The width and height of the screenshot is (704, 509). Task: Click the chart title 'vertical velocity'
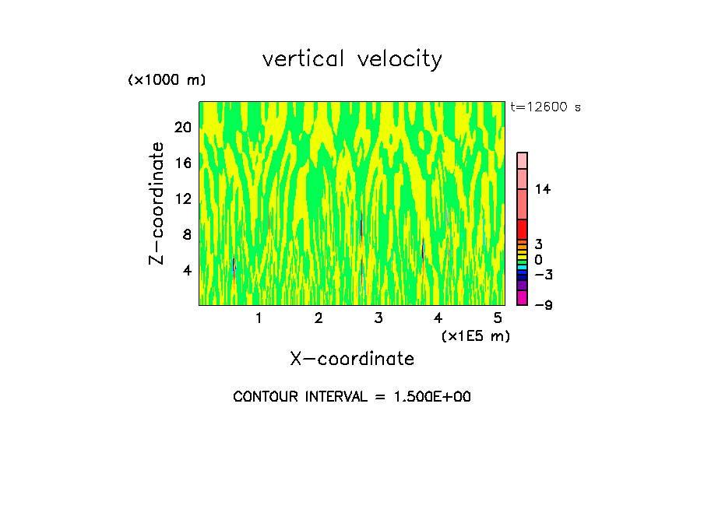352,59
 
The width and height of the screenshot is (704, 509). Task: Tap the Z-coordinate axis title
157,203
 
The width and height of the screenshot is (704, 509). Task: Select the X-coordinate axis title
352,359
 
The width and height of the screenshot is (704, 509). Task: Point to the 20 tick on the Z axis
182,127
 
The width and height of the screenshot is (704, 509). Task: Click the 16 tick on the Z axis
182,163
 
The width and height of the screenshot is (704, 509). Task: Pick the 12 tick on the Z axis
182,198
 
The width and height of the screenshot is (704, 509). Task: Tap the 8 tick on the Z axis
186,234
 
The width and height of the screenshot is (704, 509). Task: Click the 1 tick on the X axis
259,318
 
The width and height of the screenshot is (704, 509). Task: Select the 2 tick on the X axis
319,318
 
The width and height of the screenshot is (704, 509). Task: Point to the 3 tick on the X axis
378,318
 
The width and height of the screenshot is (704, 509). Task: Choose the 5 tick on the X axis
498,318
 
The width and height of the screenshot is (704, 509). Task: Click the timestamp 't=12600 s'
545,107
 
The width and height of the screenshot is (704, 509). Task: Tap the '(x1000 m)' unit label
167,81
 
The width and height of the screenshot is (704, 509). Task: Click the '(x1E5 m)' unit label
475,335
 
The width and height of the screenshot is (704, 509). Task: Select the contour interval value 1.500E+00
432,397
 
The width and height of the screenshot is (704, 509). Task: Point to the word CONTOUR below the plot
266,397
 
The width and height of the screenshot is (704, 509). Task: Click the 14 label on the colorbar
543,189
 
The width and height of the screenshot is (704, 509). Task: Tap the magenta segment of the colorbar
523,297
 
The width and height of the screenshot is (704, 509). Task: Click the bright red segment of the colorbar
523,229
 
